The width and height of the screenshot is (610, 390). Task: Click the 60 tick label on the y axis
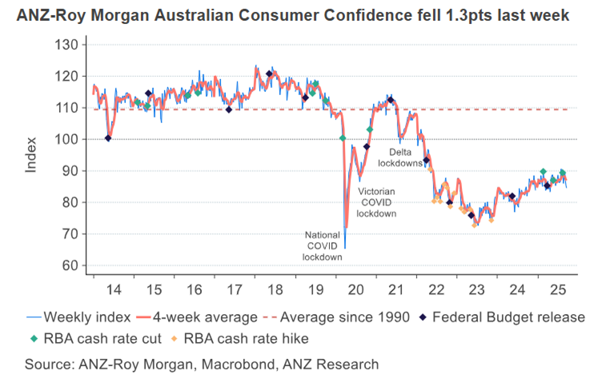[69, 265]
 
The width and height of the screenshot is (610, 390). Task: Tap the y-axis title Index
[31, 155]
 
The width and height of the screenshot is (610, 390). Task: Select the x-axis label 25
[560, 289]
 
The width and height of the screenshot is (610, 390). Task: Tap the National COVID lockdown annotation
[321, 245]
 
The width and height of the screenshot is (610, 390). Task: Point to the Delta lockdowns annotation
[405, 157]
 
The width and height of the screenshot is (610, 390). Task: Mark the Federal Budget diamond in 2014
[108, 138]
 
